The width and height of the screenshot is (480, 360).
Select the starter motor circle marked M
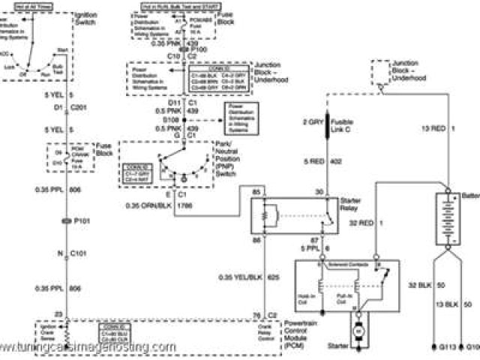[x=358, y=330]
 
